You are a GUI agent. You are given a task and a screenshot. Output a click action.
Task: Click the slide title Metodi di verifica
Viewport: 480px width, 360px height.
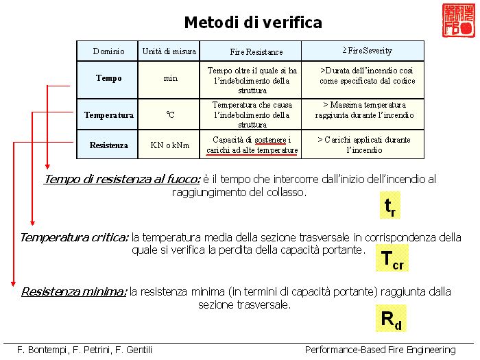pos(253,23)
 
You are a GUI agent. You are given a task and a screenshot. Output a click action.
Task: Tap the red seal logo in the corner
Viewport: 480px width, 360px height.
pos(457,21)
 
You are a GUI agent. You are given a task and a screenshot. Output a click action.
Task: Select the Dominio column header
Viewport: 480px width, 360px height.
pos(108,51)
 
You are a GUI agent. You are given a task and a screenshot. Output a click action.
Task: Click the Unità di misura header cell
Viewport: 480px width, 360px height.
pos(169,51)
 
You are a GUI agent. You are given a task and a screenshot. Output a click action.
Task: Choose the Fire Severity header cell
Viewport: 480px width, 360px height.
pos(362,51)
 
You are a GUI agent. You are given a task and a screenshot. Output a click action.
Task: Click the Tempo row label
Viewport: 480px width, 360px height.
pos(108,79)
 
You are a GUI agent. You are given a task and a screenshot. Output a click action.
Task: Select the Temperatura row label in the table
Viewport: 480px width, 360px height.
pos(108,115)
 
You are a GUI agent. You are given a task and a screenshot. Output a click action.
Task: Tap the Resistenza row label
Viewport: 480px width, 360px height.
pos(108,145)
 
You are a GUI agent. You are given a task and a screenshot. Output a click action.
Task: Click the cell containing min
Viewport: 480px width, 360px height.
pos(169,79)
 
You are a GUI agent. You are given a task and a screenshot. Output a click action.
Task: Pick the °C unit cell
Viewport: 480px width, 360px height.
pos(169,115)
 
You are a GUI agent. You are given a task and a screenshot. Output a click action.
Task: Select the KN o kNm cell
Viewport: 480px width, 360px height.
pos(169,145)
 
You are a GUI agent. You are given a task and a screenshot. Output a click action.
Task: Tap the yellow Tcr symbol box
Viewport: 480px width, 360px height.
pos(392,259)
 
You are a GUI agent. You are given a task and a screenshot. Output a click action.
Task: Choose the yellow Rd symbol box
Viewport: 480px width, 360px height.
pos(391,319)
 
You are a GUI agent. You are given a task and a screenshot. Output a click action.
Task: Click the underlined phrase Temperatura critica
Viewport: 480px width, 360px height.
pos(74,237)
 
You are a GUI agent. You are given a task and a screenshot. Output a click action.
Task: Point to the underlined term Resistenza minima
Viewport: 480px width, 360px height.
pos(74,291)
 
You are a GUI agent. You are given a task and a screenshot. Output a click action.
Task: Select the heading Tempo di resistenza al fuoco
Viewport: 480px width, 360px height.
pos(122,180)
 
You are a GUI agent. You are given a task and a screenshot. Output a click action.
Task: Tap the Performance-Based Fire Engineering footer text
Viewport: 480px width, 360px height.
pos(381,350)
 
